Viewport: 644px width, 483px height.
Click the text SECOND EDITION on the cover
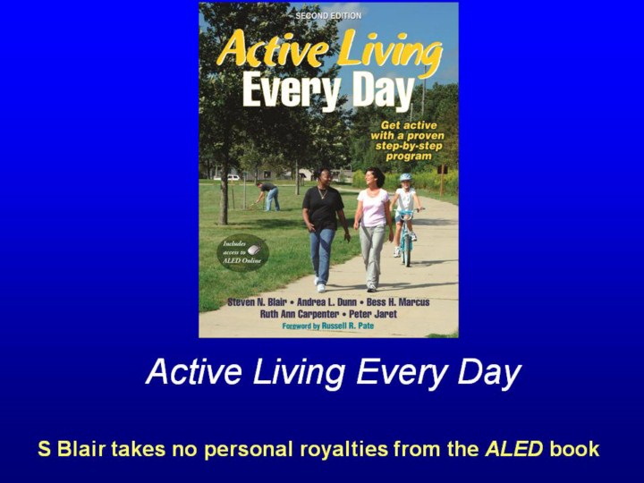328,15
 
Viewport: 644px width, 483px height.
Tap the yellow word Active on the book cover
272,50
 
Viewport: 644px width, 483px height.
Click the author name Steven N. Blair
257,302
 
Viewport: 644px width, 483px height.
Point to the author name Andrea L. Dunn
327,302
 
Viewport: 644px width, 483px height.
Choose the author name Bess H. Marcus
398,302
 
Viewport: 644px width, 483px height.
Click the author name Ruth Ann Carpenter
300,314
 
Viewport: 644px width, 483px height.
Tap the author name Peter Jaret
373,314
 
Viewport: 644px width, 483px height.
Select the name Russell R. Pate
348,326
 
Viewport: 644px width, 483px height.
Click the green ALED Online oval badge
242,252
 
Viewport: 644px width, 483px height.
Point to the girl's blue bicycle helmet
405,177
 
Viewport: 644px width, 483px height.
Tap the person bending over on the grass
267,196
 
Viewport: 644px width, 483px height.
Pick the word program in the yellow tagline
409,157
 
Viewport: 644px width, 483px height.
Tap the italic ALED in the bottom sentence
513,448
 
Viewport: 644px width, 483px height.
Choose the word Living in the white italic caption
299,372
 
